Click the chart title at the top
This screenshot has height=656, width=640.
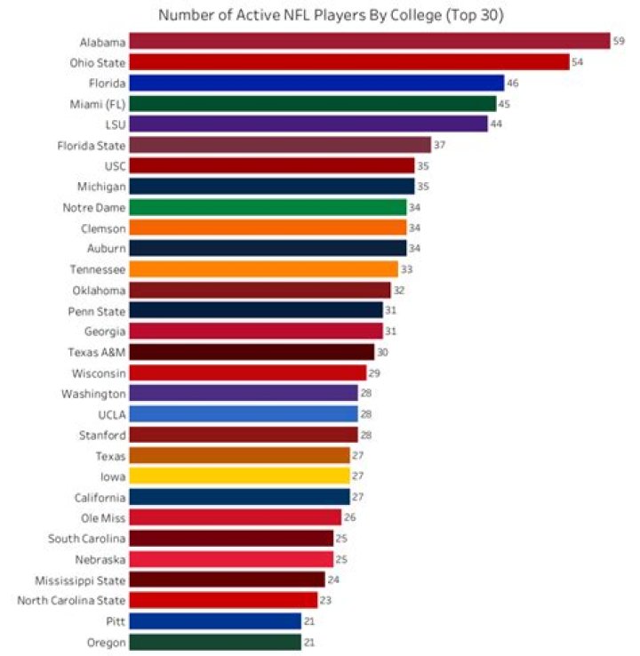tap(332, 15)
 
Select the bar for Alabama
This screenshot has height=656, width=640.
tap(370, 41)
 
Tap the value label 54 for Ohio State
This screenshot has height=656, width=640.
tap(578, 62)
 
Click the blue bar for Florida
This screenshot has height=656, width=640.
tap(316, 83)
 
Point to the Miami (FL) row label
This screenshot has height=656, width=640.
tap(98, 103)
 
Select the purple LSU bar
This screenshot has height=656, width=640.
tap(308, 124)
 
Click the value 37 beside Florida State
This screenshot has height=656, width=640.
tap(439, 145)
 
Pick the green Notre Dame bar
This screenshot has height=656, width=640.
tap(268, 207)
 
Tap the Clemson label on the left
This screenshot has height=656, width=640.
tap(104, 228)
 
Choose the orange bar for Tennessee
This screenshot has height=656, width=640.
tap(264, 268)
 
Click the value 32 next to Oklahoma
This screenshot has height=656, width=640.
tap(398, 290)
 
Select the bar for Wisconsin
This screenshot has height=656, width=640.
tap(248, 372)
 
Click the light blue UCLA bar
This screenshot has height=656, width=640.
tap(244, 414)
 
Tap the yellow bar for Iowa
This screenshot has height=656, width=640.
tap(240, 476)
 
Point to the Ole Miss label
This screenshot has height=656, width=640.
tap(103, 517)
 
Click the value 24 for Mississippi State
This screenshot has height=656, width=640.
tap(333, 580)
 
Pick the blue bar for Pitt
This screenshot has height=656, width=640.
tap(215, 620)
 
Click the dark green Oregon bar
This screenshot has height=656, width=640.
tap(215, 642)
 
